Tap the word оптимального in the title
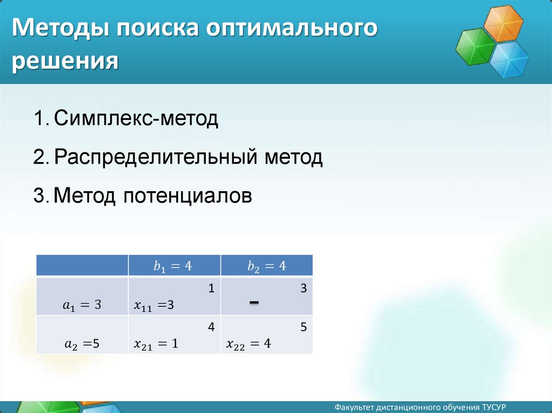click(x=292, y=28)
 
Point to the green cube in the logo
click(x=475, y=46)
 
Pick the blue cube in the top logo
click(x=509, y=59)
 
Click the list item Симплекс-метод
click(x=136, y=118)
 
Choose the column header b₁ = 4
click(x=173, y=266)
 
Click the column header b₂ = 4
click(x=267, y=266)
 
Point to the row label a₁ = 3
click(x=82, y=305)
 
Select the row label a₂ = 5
click(x=82, y=344)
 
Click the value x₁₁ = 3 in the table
click(x=154, y=305)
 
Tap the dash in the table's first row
click(x=254, y=302)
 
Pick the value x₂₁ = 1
click(x=156, y=344)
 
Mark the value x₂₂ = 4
click(x=249, y=344)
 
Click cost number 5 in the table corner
click(x=303, y=327)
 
